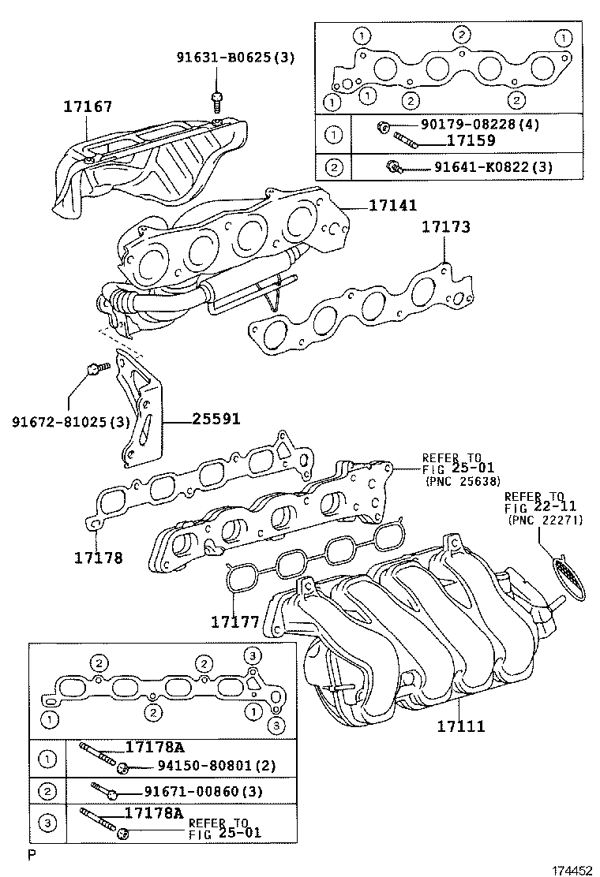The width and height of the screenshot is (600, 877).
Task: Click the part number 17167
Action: click(x=88, y=106)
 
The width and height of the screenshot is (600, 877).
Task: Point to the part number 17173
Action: click(x=445, y=227)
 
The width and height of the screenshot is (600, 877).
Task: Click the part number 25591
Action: click(x=216, y=420)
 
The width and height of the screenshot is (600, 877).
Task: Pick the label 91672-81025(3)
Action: click(x=70, y=422)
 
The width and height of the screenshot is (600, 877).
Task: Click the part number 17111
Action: click(x=461, y=726)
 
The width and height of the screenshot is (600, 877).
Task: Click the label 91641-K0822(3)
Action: click(x=481, y=167)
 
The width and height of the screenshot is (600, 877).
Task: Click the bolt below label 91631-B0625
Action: click(x=216, y=100)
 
